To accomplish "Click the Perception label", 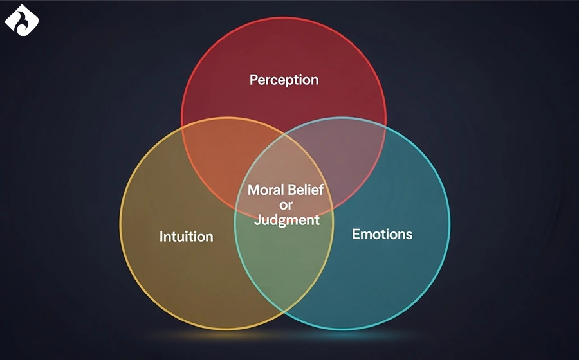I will [284, 80].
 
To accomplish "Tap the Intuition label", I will [186, 237].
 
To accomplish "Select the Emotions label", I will [382, 234].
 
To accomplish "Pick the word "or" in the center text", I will [286, 205].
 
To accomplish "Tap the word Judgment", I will [286, 220].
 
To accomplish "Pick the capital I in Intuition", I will [161, 237].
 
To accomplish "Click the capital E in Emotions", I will [356, 234].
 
